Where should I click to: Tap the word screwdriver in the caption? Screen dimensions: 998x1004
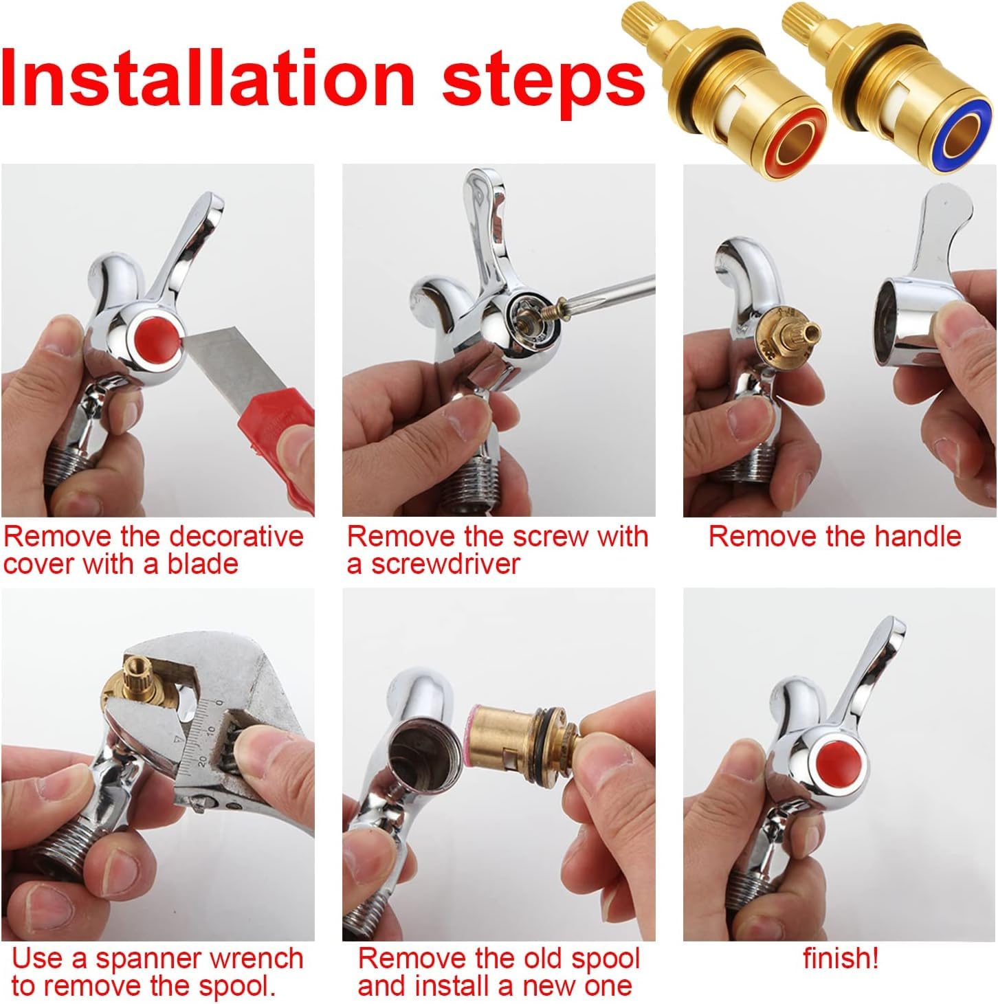tap(445, 564)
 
